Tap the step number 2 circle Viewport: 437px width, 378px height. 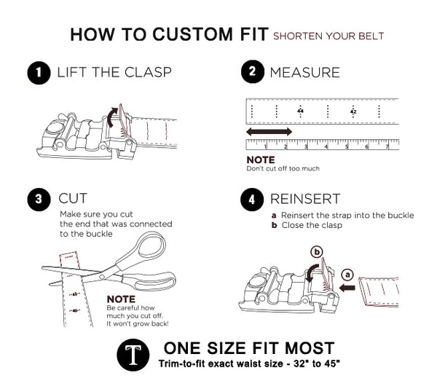pyautogui.click(x=252, y=72)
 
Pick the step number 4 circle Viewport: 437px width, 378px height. pyautogui.click(x=252, y=198)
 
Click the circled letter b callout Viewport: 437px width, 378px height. pyautogui.click(x=317, y=252)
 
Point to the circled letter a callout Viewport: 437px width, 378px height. pyautogui.click(x=347, y=275)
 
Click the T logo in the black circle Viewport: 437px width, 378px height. pyautogui.click(x=133, y=354)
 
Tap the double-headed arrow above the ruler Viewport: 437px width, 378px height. pyautogui.click(x=269, y=131)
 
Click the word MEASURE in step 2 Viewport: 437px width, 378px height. pyautogui.click(x=304, y=72)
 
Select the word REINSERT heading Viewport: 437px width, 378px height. pyautogui.click(x=305, y=198)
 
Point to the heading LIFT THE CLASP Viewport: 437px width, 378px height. pyautogui.click(x=114, y=72)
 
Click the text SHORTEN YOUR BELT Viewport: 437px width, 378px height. pyautogui.click(x=328, y=36)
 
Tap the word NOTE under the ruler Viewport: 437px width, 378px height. pyautogui.click(x=260, y=160)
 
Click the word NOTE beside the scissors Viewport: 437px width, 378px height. pyautogui.click(x=121, y=299)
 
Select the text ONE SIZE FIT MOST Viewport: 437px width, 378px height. pyautogui.click(x=249, y=347)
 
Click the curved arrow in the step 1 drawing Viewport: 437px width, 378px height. pyautogui.click(x=111, y=115)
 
